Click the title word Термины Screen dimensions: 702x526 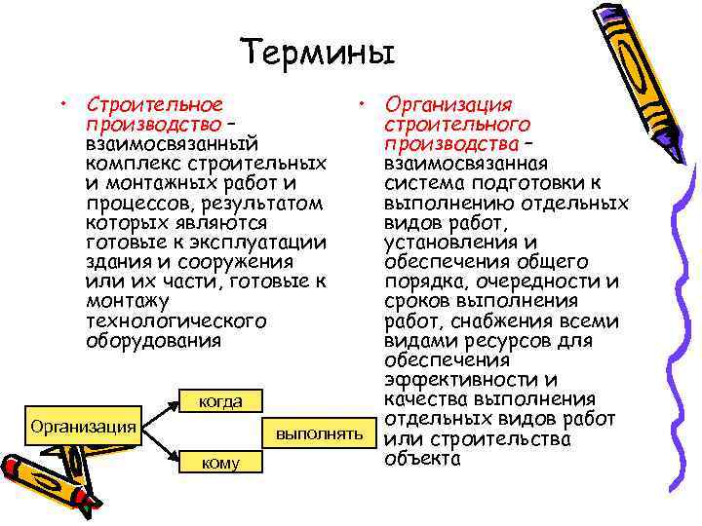coord(319,51)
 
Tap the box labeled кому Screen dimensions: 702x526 coord(219,463)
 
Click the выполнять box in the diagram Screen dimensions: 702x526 coord(319,432)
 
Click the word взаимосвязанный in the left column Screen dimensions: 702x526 coord(171,142)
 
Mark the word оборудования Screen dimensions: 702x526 coord(154,340)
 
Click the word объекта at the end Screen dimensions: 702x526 coord(422,458)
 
